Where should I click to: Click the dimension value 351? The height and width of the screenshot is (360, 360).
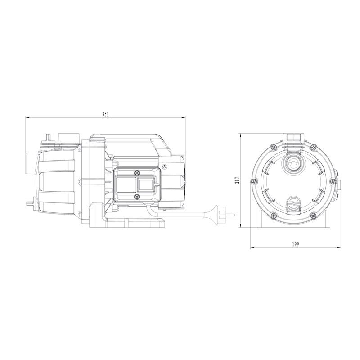(x=105, y=114)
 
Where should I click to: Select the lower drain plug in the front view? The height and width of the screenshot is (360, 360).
(x=293, y=203)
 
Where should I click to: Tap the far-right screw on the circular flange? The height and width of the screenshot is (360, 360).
(x=333, y=181)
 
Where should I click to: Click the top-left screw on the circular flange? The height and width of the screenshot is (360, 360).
(x=274, y=147)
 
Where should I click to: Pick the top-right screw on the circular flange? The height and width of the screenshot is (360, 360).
(x=313, y=147)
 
